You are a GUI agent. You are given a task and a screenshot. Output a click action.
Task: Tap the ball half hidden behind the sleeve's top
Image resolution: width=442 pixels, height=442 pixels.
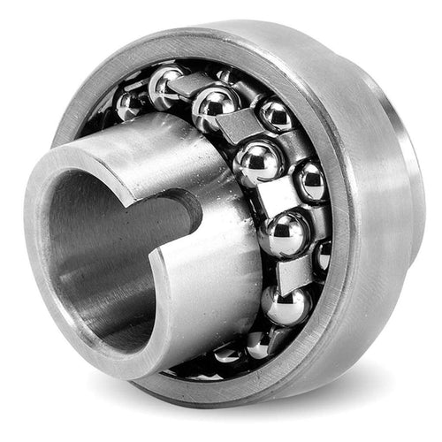click(164, 84)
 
